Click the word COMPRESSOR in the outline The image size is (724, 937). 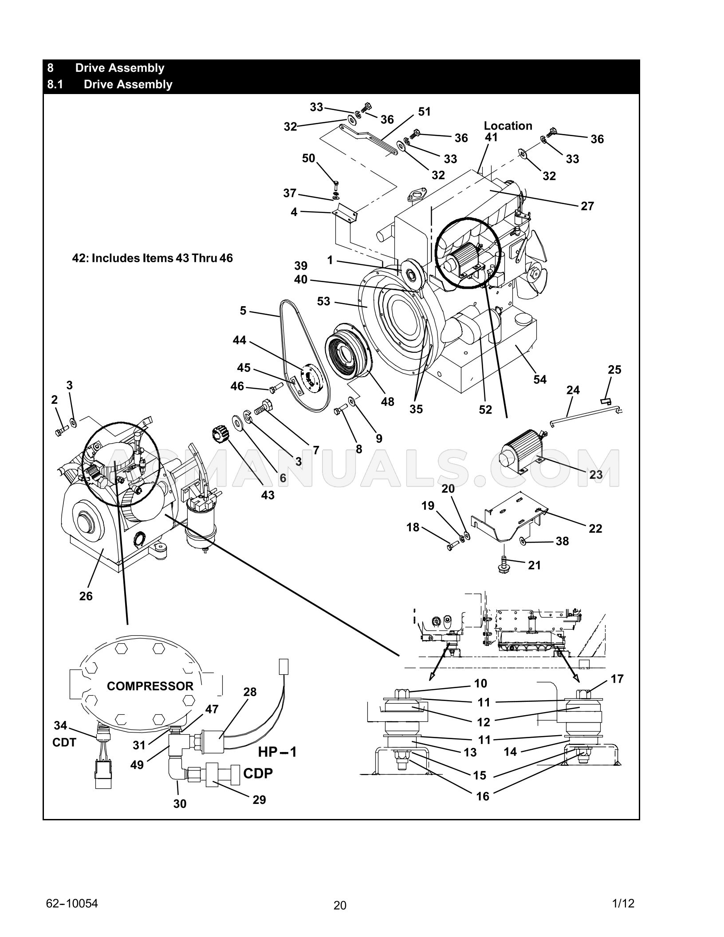point(150,686)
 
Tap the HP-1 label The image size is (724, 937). point(277,752)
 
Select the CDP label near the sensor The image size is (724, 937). point(258,773)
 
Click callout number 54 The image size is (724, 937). point(539,379)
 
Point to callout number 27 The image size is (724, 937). point(587,206)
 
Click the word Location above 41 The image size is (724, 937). point(508,126)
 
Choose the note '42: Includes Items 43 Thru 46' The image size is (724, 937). point(152,258)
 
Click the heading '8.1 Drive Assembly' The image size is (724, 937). point(110,84)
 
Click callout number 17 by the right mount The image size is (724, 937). point(617,679)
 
